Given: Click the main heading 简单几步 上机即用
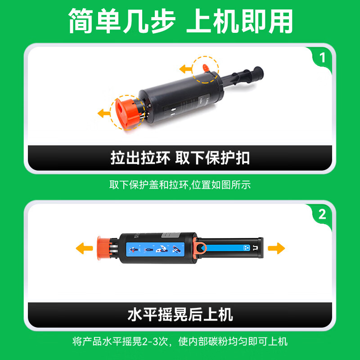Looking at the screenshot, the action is pyautogui.click(x=180, y=21).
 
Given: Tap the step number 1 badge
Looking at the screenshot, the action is pyautogui.click(x=322, y=58).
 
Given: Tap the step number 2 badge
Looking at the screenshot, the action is pyautogui.click(x=322, y=214).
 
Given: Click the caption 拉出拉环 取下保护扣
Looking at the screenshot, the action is pyautogui.click(x=180, y=158).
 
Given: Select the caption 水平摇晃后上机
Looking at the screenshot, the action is pyautogui.click(x=180, y=315).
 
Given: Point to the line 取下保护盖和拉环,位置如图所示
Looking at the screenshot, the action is pyautogui.click(x=180, y=185).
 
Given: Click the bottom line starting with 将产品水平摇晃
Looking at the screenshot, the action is pyautogui.click(x=180, y=342).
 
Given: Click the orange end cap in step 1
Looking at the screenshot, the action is pyautogui.click(x=127, y=113).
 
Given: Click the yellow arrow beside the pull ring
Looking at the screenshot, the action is pyautogui.click(x=185, y=69).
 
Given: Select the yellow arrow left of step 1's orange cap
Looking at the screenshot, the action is pyautogui.click(x=104, y=113).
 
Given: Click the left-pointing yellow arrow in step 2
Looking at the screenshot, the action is pyautogui.click(x=84, y=248).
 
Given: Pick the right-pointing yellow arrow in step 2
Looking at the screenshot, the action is pyautogui.click(x=276, y=248).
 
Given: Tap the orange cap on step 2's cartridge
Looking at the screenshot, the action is pyautogui.click(x=104, y=248).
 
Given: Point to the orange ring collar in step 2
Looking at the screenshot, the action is pyautogui.click(x=199, y=248).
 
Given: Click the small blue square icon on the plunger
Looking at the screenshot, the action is pyautogui.click(x=247, y=248).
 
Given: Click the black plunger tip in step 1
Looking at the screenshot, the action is pyautogui.click(x=258, y=73).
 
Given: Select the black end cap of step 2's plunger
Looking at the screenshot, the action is pyautogui.click(x=261, y=248).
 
